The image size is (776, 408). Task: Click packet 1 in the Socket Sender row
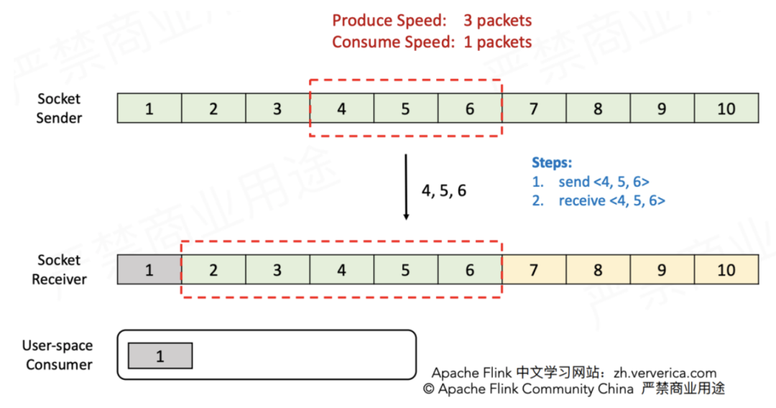(x=149, y=108)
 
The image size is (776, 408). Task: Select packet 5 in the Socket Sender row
(x=405, y=108)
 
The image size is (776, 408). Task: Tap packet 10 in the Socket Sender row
(x=726, y=108)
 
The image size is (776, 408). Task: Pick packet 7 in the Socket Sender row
(x=533, y=108)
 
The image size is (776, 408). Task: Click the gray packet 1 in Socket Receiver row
(x=149, y=270)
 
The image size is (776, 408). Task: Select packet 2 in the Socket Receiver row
(x=213, y=270)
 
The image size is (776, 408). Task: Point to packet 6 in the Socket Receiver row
(x=470, y=270)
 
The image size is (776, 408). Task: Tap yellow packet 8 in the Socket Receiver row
(x=598, y=270)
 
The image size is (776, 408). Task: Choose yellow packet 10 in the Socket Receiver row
(x=726, y=270)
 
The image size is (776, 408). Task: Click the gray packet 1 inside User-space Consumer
(x=160, y=356)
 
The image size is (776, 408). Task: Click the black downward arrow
(x=406, y=187)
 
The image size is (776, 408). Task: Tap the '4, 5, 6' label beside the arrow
(x=443, y=191)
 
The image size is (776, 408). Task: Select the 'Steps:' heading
(x=551, y=162)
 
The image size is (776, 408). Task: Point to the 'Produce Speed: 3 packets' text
(x=432, y=21)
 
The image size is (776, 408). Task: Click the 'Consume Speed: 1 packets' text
(x=432, y=42)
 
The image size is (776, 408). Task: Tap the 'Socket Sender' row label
(x=59, y=108)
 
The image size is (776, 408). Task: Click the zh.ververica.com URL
(x=665, y=373)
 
